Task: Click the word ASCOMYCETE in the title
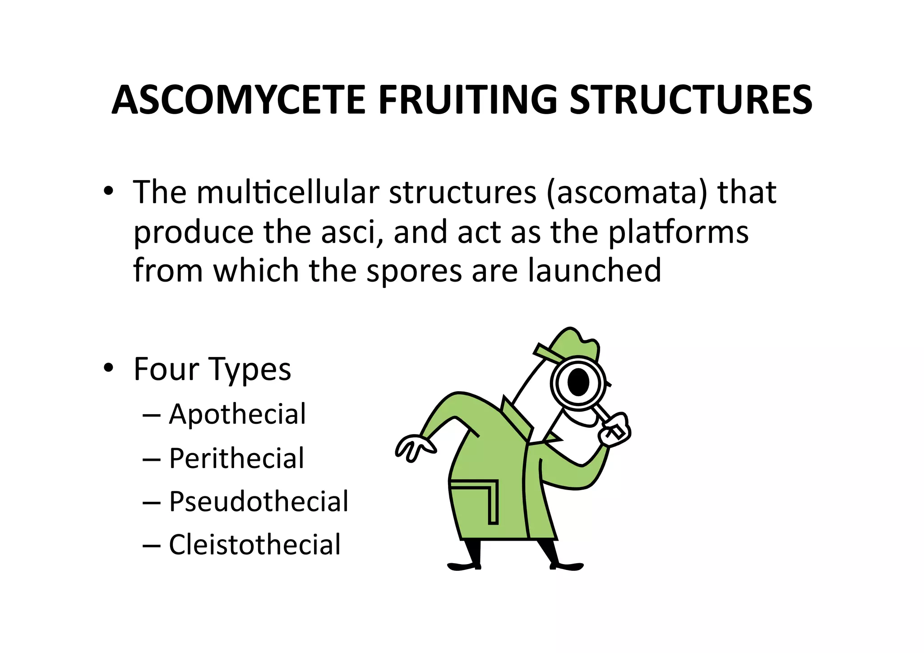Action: (238, 100)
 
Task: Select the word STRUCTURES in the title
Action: (690, 100)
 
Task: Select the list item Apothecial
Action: (237, 414)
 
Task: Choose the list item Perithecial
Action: (236, 458)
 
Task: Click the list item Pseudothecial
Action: (259, 501)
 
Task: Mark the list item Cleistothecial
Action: (254, 545)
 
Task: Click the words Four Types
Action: (212, 370)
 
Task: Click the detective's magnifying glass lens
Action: (578, 383)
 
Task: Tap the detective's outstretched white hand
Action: (414, 447)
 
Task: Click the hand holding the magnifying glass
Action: (614, 430)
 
